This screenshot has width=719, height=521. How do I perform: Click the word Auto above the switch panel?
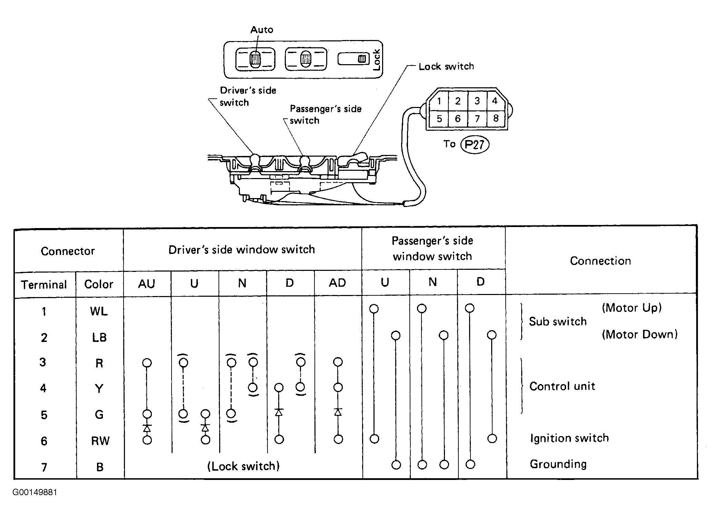coord(262,30)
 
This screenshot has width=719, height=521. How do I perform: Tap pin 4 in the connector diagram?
coord(495,101)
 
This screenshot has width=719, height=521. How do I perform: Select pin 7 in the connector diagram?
coord(477,119)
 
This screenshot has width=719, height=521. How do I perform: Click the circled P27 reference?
coord(475,144)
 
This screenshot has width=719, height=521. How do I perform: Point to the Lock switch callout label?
coord(446,66)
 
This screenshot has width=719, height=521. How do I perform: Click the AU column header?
coord(147,284)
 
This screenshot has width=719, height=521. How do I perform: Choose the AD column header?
coord(337,283)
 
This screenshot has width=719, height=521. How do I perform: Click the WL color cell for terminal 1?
coord(99,311)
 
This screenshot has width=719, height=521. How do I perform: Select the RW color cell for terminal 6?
coord(100,441)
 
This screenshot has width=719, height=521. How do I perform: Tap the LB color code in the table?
coord(99,337)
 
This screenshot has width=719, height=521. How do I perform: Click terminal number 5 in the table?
coord(44,415)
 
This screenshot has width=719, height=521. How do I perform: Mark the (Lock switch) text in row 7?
coord(243,466)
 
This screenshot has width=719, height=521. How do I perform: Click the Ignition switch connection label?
coord(569,438)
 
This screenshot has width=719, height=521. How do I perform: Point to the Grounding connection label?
coord(558,464)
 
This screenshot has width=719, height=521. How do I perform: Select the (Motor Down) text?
coord(640,334)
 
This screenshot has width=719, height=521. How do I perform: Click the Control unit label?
coord(562,386)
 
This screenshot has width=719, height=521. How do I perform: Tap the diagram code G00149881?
coord(35,492)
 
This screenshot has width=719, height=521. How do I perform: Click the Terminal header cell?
coord(44,285)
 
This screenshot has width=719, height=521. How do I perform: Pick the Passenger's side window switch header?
coord(432,248)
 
